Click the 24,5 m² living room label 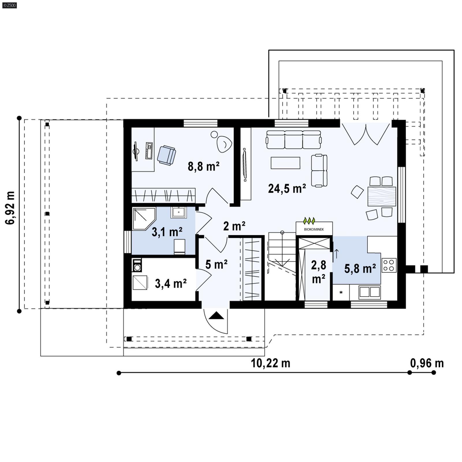point(287,189)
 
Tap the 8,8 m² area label point(203,166)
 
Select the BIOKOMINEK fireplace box point(314,229)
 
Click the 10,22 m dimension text point(270,363)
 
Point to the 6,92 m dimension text point(10,208)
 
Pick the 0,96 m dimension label point(427,363)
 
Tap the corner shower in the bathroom point(143,218)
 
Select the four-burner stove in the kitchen point(389,265)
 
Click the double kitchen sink point(369,292)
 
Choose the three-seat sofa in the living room point(293,139)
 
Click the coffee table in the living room point(285,163)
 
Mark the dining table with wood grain point(381,196)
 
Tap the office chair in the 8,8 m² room point(166,155)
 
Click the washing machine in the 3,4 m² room point(137,265)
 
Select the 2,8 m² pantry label point(318,271)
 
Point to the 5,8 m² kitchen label point(360,269)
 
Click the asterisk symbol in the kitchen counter point(341,293)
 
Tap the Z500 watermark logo point(9,5)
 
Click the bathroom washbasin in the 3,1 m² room point(178,213)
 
